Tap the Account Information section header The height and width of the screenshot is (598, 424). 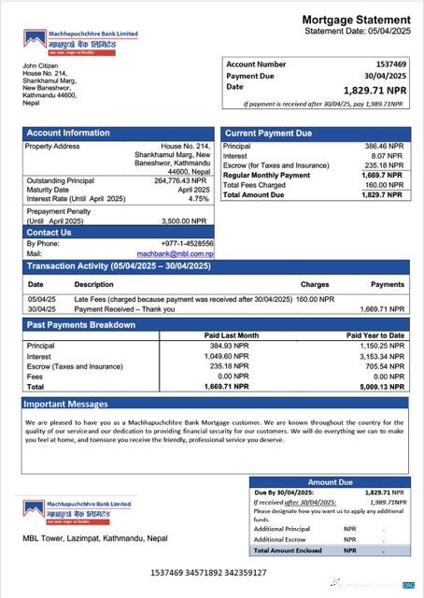(68, 134)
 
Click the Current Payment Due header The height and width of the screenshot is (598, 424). (269, 134)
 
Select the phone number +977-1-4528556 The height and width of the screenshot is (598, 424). (188, 244)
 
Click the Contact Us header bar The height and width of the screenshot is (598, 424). (49, 232)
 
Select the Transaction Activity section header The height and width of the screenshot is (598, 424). (119, 266)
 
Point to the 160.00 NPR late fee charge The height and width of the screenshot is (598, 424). (315, 299)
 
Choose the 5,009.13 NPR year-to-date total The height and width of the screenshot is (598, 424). (384, 386)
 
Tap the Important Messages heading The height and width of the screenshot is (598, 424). (65, 404)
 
